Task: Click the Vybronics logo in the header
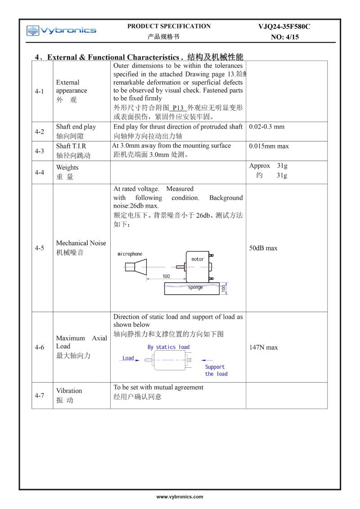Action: [61, 31]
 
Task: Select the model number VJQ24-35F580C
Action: [284, 27]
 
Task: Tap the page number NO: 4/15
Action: [284, 37]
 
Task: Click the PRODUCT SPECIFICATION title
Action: [169, 26]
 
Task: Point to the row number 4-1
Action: [40, 91]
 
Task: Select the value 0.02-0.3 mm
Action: [267, 127]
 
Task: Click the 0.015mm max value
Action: [269, 146]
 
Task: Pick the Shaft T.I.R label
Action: [71, 146]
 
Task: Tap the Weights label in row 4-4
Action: [67, 167]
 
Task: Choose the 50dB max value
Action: [263, 248]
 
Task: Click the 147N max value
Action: [264, 347]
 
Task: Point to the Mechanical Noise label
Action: [81, 243]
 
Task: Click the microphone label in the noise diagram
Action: [130, 254]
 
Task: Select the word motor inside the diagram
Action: [198, 259]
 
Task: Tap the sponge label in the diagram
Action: [195, 288]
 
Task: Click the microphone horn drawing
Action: [136, 267]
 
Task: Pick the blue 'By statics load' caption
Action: [169, 347]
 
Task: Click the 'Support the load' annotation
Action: [216, 370]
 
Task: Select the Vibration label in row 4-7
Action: [69, 391]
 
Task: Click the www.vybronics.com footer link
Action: [180, 497]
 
